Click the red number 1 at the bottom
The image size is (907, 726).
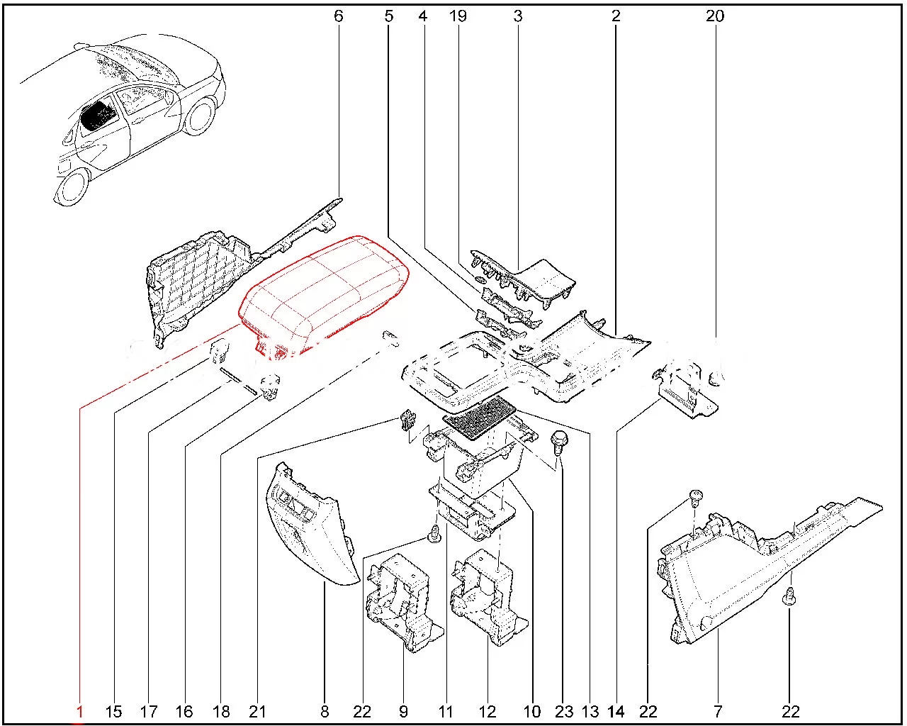coord(80,711)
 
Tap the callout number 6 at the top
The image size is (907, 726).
coord(338,16)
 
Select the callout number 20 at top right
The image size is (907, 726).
coord(715,16)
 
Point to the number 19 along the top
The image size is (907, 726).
coord(458,16)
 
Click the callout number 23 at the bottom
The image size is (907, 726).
coord(564,711)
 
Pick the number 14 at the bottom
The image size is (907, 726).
coord(616,711)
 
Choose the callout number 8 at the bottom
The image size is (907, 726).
coord(325,711)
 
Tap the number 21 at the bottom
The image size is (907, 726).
coord(257,711)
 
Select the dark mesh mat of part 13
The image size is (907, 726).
coord(478,417)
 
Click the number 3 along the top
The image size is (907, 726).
coord(518,16)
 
